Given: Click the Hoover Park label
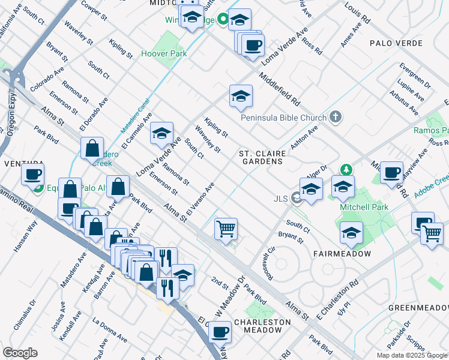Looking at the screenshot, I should [x=164, y=53].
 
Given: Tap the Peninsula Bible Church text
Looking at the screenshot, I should [x=283, y=118].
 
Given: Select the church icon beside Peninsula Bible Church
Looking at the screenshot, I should [x=336, y=118].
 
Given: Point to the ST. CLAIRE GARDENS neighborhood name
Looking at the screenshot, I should [x=261, y=157].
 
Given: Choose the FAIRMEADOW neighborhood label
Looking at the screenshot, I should [x=342, y=254].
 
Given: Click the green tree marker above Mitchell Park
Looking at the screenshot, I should [x=346, y=170].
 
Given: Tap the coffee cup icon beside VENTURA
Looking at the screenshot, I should [x=32, y=175].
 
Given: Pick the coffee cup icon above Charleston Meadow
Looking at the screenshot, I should [x=220, y=331].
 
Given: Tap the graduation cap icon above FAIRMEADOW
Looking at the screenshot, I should [x=351, y=232].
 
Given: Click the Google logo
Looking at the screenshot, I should [x=20, y=353].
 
